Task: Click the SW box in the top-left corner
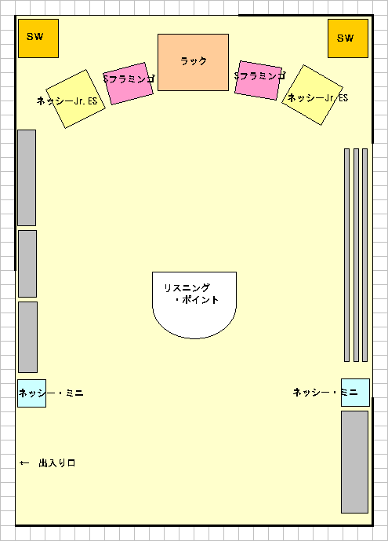click(x=38, y=38)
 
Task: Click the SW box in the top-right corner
click(x=348, y=38)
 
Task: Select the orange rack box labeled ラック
click(x=193, y=63)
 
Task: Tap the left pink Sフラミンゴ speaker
click(x=128, y=83)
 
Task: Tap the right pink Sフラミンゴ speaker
click(x=258, y=80)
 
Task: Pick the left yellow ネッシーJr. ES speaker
click(x=76, y=99)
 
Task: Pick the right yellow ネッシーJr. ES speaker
click(x=312, y=95)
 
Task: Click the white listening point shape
click(x=194, y=305)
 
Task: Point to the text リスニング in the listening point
click(x=187, y=287)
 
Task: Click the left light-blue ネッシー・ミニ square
click(x=31, y=393)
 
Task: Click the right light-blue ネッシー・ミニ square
click(x=355, y=393)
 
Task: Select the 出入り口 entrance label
click(x=57, y=463)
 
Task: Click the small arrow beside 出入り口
click(x=24, y=463)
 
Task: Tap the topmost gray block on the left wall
click(x=27, y=177)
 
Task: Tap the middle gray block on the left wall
click(x=27, y=264)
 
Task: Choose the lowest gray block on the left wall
click(x=28, y=337)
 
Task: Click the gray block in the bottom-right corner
click(x=354, y=462)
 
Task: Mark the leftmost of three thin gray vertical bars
click(x=347, y=255)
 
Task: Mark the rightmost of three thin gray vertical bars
click(x=365, y=255)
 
